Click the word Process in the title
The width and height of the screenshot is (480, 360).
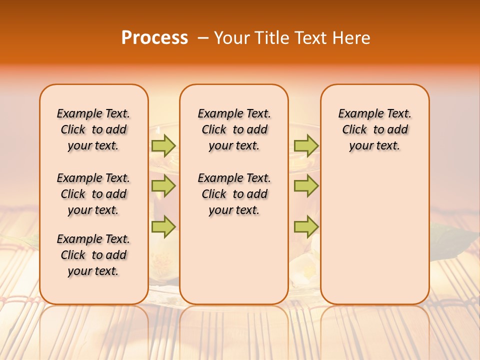(x=154, y=38)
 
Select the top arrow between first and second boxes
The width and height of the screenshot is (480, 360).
(x=163, y=145)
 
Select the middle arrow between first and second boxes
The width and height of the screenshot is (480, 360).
(x=163, y=186)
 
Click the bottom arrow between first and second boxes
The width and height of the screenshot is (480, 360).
(x=163, y=226)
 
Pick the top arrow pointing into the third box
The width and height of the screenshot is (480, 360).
(x=306, y=145)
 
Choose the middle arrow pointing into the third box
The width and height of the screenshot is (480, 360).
(x=306, y=186)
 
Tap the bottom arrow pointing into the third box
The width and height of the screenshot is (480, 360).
(x=306, y=226)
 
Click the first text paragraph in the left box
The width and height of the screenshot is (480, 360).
(x=93, y=129)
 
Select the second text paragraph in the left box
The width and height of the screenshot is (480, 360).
(x=93, y=194)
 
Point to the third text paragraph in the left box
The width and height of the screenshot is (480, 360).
(x=93, y=255)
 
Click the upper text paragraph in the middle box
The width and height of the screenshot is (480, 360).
(x=234, y=129)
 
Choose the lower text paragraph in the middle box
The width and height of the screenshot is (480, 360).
(x=234, y=194)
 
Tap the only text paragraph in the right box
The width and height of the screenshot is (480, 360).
(x=375, y=129)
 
